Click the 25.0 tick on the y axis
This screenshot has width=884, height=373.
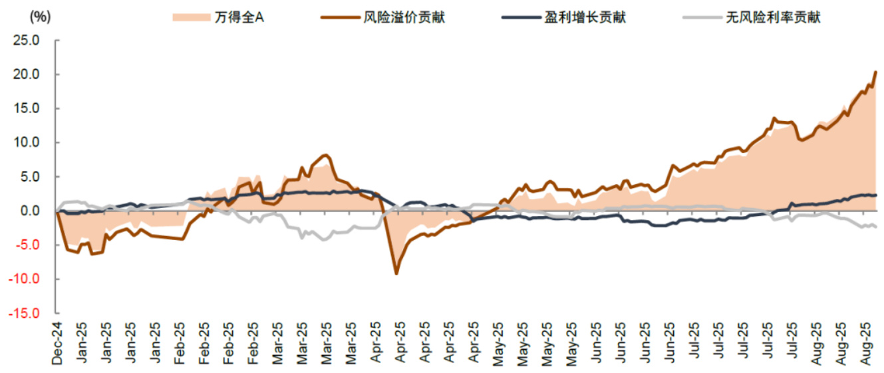27,41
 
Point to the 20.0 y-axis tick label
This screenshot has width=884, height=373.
27,74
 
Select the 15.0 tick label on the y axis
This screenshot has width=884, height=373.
27,108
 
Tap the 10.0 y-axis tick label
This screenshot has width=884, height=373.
27,142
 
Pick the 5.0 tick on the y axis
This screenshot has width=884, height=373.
31,177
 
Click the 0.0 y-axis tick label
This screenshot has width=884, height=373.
31,211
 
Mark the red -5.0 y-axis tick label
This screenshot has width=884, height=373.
29,245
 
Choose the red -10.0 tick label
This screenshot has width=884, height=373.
26,279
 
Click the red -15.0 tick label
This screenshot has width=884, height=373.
26,313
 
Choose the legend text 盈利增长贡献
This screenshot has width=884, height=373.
585,17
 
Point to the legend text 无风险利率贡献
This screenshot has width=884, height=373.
774,17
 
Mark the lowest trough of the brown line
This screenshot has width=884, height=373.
396,273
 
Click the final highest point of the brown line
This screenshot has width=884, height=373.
875,72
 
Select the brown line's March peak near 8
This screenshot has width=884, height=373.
325,156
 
